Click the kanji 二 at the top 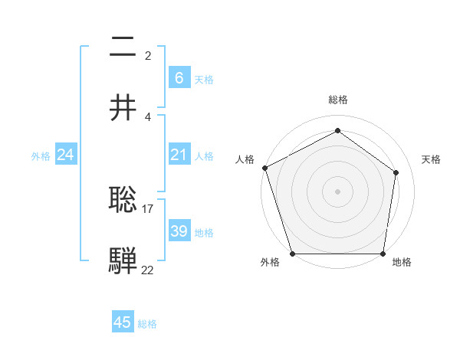[x=123, y=47]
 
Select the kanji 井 [x=123, y=108]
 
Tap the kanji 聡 [x=123, y=199]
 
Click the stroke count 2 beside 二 [x=148, y=55]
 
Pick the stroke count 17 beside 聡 [x=148, y=208]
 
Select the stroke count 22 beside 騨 [x=148, y=269]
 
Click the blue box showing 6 [x=179, y=78]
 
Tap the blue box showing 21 [x=179, y=155]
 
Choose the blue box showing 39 [x=179, y=231]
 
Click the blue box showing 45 [x=123, y=322]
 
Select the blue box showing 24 [x=66, y=155]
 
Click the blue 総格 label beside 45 [x=147, y=324]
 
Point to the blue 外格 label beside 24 [x=41, y=155]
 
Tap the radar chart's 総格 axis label [x=338, y=100]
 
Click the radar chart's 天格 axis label [x=432, y=159]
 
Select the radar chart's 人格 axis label [x=245, y=159]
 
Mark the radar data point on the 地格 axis [x=384, y=254]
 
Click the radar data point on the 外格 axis [x=292, y=254]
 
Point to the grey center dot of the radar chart [x=338, y=191]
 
